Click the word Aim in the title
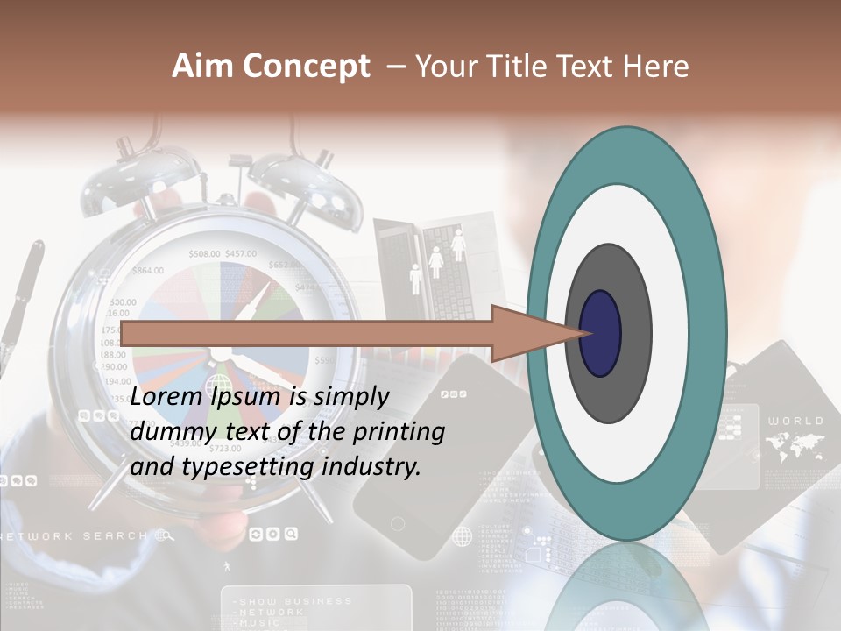click(203, 67)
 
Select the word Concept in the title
click(306, 67)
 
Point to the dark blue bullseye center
click(600, 333)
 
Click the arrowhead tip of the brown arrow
click(587, 333)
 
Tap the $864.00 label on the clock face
click(147, 270)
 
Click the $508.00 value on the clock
click(204, 254)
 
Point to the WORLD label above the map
click(795, 421)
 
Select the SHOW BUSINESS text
click(294, 601)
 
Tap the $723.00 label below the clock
click(225, 448)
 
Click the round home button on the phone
click(398, 524)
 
